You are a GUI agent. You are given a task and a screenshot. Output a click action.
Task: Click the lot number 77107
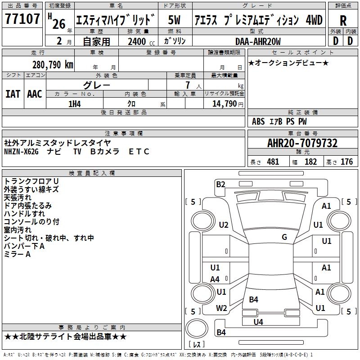click(x=22, y=19)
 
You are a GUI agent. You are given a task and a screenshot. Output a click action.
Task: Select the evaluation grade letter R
click(x=343, y=20)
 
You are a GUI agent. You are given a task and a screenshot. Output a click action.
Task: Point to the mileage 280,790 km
click(x=53, y=64)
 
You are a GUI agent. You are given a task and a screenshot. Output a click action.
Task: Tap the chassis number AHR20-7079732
click(x=302, y=143)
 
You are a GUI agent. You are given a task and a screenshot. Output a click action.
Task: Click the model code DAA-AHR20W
click(x=258, y=42)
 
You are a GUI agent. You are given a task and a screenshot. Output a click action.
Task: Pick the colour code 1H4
click(x=75, y=104)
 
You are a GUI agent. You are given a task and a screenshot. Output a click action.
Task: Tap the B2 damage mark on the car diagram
click(x=220, y=184)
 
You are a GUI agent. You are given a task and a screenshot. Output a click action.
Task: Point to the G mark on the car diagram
click(x=284, y=237)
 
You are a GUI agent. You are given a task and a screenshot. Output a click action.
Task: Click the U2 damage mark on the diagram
click(x=224, y=225)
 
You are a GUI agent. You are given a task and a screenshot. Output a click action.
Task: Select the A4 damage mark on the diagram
click(x=215, y=279)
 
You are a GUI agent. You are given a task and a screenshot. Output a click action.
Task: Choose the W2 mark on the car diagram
click(x=221, y=308)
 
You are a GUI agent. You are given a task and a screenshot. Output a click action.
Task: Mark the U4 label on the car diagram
click(x=258, y=322)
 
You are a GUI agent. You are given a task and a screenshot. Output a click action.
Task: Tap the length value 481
click(x=273, y=162)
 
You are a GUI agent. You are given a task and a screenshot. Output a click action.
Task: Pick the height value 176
click(x=346, y=162)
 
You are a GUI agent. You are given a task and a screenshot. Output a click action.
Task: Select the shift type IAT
click(x=12, y=94)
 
